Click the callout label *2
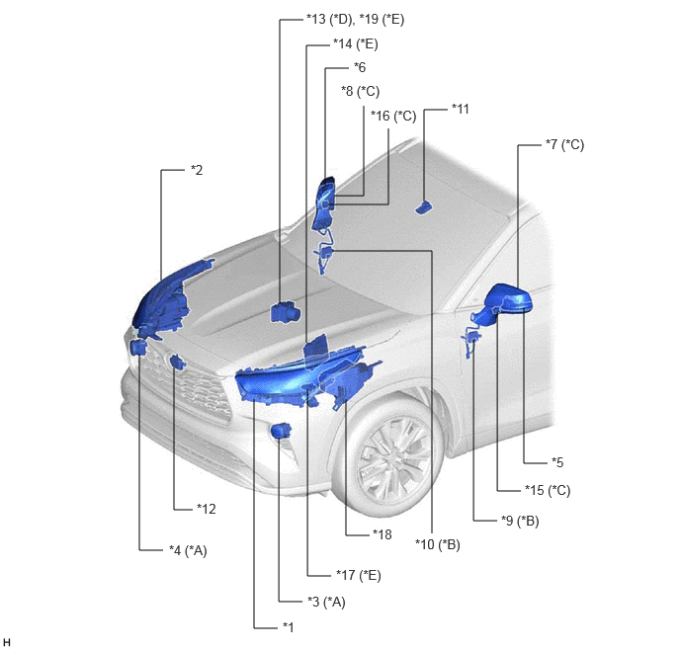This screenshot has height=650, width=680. click(197, 170)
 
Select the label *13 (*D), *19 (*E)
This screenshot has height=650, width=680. click(355, 20)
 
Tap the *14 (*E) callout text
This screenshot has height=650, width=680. click(355, 44)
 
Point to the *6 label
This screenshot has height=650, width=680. click(360, 67)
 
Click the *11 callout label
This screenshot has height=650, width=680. click(461, 109)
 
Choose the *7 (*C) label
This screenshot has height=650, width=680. click(564, 145)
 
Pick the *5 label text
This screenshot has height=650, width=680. click(557, 462)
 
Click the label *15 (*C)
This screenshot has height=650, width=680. click(548, 490)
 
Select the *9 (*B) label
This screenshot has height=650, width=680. click(520, 521)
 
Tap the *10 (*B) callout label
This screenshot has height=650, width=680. click(438, 544)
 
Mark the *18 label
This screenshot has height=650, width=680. click(382, 534)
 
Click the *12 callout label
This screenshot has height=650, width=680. click(206, 509)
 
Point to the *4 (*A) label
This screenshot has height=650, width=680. click(188, 551)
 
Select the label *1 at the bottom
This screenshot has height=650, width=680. click(288, 627)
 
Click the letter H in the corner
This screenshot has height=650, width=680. click(7, 642)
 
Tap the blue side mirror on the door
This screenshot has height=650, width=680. click(505, 303)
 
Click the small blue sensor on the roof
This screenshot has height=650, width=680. click(424, 207)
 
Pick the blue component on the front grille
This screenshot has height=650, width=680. click(178, 363)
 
